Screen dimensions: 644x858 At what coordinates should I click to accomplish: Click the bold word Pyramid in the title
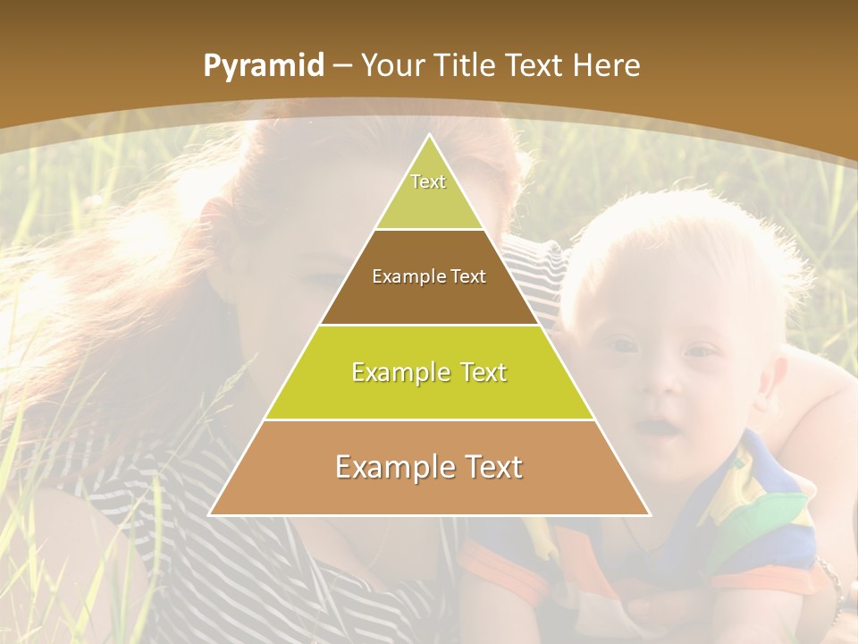point(264,66)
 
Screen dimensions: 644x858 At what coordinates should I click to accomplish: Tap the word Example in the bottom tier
point(389,467)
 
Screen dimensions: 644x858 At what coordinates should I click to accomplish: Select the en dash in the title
point(343,66)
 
